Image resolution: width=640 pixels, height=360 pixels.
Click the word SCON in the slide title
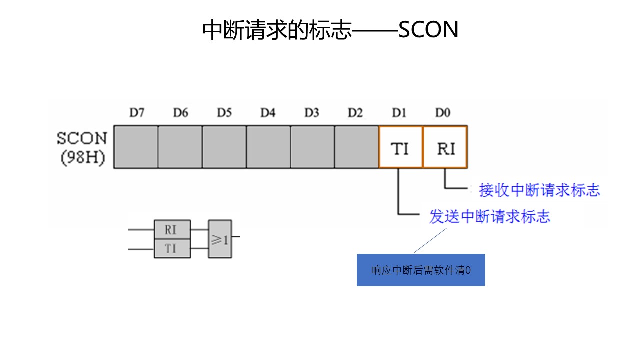[428, 30]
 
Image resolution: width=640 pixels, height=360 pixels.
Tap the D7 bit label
[136, 113]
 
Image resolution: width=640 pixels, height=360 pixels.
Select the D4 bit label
[268, 113]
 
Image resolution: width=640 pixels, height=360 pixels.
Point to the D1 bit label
[399, 113]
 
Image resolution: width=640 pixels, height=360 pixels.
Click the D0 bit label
[442, 113]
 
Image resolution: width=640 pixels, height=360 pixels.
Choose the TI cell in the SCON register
[400, 148]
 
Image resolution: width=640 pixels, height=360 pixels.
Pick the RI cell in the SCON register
[445, 148]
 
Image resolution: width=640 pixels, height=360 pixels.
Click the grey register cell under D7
[136, 147]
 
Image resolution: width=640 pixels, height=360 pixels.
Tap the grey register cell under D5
[224, 147]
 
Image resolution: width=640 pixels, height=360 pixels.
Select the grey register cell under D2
[356, 147]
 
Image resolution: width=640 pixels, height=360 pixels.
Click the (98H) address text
[83, 158]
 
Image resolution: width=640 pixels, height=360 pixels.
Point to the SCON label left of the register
[82, 138]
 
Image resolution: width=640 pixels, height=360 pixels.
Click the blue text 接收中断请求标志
[539, 190]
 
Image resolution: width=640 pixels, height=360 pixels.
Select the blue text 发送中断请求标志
[490, 217]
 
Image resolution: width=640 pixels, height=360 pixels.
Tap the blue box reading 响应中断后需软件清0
[421, 270]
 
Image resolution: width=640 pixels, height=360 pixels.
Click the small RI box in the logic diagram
[172, 230]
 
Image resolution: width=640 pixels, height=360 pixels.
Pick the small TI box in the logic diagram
[172, 248]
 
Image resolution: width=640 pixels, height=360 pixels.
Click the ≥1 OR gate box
[220, 239]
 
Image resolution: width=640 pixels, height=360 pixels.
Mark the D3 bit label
[311, 113]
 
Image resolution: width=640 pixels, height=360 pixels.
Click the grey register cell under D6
[180, 147]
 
